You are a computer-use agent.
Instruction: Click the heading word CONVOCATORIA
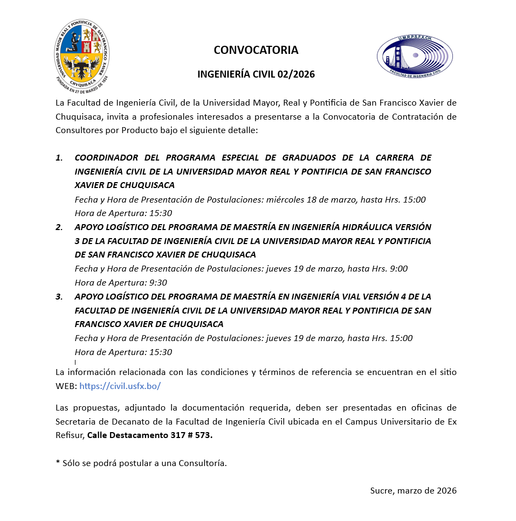click(256, 50)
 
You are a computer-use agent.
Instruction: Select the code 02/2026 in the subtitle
click(295, 74)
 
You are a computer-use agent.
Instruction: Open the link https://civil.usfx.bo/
click(120, 386)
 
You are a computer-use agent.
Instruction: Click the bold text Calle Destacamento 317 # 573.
click(150, 435)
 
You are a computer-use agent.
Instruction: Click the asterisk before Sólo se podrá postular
click(57, 463)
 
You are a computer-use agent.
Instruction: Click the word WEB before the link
click(65, 386)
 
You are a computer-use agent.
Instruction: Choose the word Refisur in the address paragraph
click(70, 435)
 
